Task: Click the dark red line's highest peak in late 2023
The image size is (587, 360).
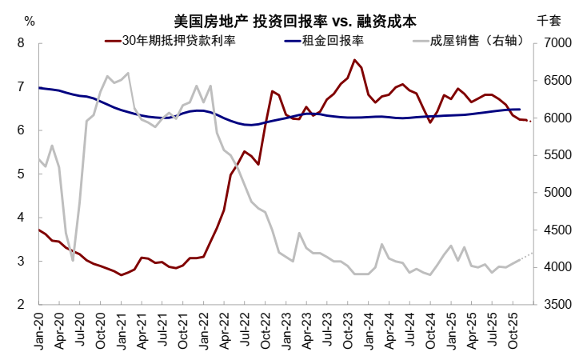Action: click(x=354, y=60)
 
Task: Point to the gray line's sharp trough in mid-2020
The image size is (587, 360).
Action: click(x=73, y=260)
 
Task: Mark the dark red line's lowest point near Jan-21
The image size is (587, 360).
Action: click(x=121, y=275)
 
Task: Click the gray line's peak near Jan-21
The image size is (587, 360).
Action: click(x=128, y=73)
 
